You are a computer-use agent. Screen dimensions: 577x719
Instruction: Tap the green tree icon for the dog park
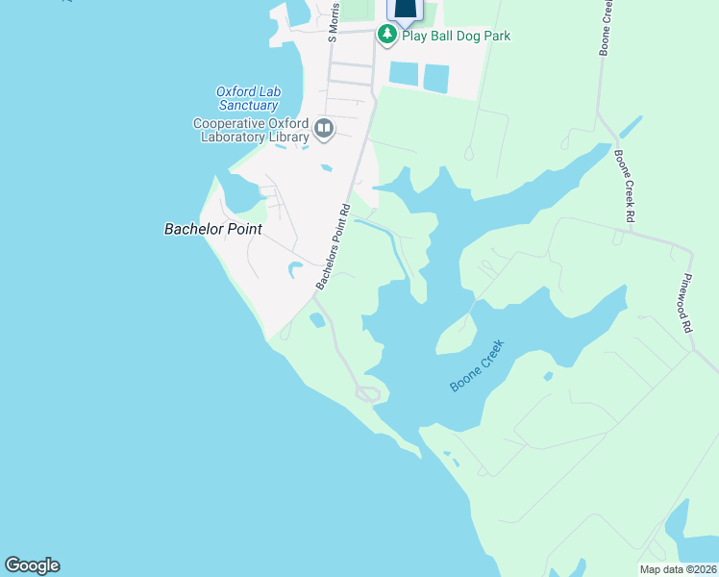[x=386, y=36]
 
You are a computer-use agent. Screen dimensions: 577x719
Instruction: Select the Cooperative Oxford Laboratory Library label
[x=251, y=130]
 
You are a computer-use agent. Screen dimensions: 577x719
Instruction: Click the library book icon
[x=325, y=128]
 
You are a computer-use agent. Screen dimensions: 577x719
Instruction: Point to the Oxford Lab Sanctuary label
[x=247, y=98]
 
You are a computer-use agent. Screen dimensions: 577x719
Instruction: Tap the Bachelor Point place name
[x=212, y=229]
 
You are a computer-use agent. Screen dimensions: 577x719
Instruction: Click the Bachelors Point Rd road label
[x=333, y=247]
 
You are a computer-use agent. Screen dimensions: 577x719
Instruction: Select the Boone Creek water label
[x=478, y=369]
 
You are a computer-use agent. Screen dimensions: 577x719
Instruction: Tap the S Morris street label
[x=333, y=25]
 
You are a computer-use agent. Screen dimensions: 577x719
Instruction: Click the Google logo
[x=32, y=565]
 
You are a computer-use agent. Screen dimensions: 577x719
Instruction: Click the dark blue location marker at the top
[x=405, y=11]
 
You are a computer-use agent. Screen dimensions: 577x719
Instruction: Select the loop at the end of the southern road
[x=368, y=392]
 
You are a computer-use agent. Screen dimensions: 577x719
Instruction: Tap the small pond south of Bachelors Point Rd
[x=317, y=320]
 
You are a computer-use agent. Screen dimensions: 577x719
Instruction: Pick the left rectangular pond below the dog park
[x=404, y=74]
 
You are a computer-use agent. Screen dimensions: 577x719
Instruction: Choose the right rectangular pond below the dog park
[x=437, y=78]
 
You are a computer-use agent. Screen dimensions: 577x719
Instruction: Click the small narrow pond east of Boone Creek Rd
[x=632, y=127]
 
